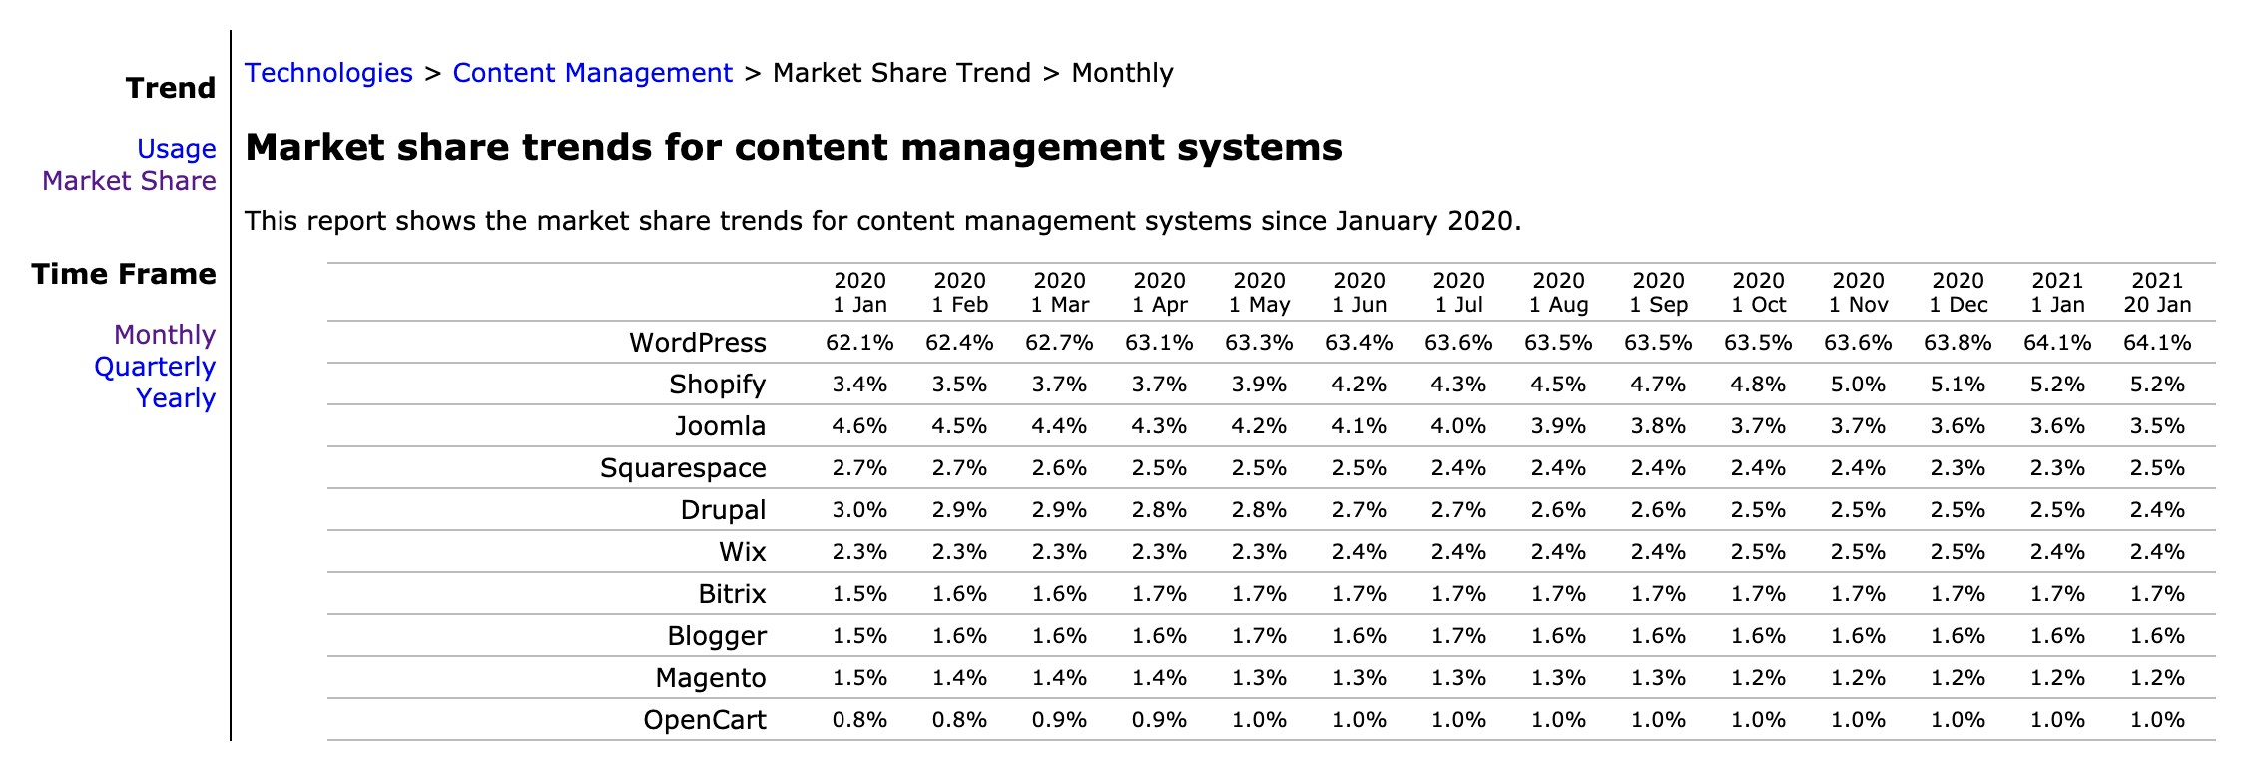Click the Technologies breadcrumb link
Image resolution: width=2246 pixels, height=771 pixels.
pos(328,73)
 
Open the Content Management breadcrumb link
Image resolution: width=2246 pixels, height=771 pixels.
pos(592,73)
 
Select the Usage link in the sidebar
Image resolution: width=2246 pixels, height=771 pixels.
pos(176,149)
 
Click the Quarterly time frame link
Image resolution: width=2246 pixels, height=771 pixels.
pos(155,367)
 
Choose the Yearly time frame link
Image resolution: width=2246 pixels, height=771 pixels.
pos(176,398)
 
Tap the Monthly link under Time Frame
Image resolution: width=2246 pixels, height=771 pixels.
pos(165,335)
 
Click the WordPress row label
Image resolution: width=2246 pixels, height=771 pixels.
pos(697,343)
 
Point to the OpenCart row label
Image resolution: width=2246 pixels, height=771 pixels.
pos(704,720)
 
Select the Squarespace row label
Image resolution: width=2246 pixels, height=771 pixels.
pos(683,468)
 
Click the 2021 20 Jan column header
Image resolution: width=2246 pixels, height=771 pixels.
pos(2157,293)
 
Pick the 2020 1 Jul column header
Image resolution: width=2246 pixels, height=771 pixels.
pos(1458,293)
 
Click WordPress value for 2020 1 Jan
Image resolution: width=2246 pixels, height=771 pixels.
pos(859,343)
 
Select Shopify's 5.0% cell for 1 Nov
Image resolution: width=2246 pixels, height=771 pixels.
pos(1858,385)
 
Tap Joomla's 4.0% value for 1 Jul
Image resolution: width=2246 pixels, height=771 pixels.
pos(1458,426)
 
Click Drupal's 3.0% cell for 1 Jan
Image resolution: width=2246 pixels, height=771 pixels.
pos(859,510)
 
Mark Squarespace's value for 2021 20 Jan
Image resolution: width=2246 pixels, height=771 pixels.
pos(2157,468)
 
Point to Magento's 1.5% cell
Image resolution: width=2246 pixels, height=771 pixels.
pos(859,678)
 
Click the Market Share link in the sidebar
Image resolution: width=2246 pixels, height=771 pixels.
pos(129,181)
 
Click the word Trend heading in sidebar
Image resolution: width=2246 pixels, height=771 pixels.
pos(171,88)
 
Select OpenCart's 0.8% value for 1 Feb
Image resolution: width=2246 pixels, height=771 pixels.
pos(959,720)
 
